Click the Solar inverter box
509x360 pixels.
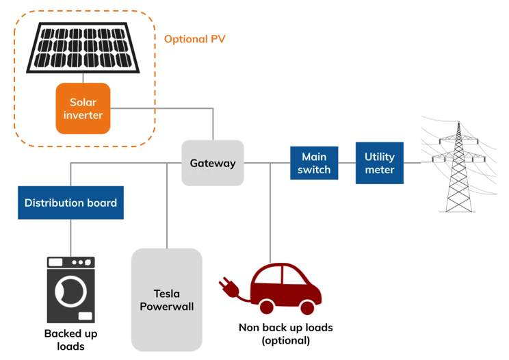click(x=83, y=108)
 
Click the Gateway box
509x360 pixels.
click(x=212, y=163)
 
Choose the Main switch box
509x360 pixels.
click(x=314, y=163)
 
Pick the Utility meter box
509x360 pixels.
click(x=379, y=163)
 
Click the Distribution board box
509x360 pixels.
click(x=70, y=203)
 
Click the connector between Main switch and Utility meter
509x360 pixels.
click(x=345, y=163)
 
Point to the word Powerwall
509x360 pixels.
click(x=166, y=307)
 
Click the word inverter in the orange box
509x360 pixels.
click(x=83, y=115)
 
